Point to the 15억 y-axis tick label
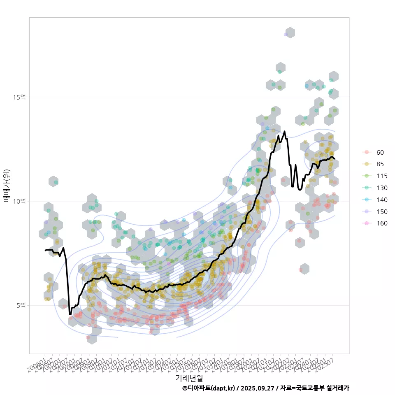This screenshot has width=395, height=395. click(19, 97)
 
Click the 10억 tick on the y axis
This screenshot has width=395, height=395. click(19, 201)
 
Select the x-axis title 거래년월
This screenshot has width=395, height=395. click(189, 377)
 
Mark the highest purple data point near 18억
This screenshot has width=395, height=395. click(286, 35)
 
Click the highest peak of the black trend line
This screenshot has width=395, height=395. click(284, 131)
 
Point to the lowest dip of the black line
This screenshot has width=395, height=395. click(70, 314)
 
